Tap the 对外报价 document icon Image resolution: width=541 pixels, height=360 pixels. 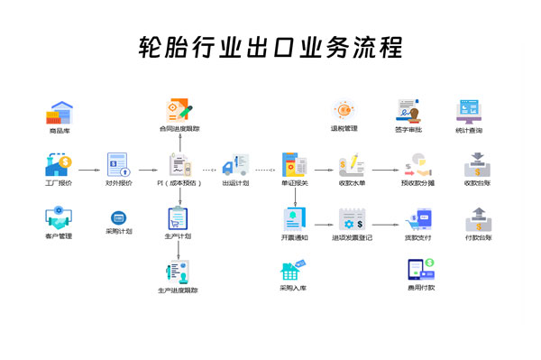(x=118, y=165)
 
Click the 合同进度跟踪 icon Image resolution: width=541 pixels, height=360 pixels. (x=178, y=110)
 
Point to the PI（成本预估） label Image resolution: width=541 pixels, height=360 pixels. (x=179, y=183)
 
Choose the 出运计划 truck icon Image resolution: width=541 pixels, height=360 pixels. (x=235, y=165)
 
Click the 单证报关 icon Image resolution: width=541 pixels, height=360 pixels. (x=294, y=165)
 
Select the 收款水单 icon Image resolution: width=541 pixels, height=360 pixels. (x=351, y=165)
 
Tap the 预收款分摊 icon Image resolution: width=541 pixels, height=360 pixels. (x=417, y=165)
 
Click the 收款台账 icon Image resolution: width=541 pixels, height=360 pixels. (x=478, y=165)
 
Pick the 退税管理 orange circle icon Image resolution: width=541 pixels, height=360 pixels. (x=344, y=110)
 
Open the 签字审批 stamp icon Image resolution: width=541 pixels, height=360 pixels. (x=408, y=110)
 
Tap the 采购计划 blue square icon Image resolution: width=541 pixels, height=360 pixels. (x=118, y=218)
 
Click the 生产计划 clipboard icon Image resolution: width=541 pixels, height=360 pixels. (x=178, y=218)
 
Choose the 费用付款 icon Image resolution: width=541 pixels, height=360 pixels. (x=420, y=269)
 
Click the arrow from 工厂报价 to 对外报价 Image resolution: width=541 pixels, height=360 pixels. (x=87, y=169)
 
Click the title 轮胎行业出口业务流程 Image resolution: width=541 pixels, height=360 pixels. (x=270, y=46)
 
